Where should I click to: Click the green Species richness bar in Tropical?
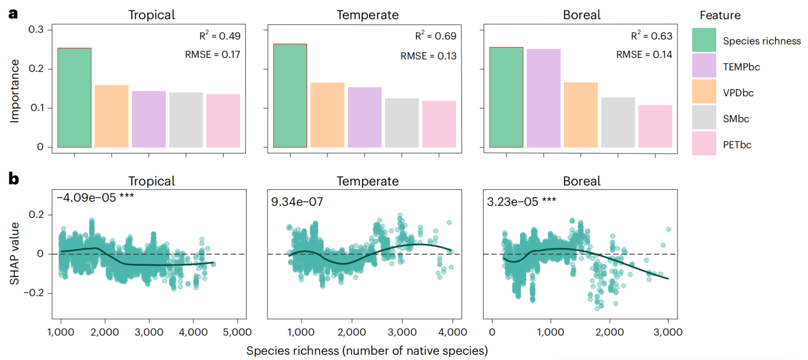click(x=75, y=97)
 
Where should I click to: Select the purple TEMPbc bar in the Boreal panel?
click(x=544, y=98)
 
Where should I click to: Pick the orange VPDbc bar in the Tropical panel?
click(x=112, y=116)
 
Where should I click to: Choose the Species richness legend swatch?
click(x=704, y=41)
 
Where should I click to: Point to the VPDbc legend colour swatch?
click(x=704, y=93)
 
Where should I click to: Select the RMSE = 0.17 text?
click(x=212, y=55)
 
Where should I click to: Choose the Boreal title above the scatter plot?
click(x=582, y=181)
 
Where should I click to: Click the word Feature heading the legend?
click(x=719, y=15)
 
